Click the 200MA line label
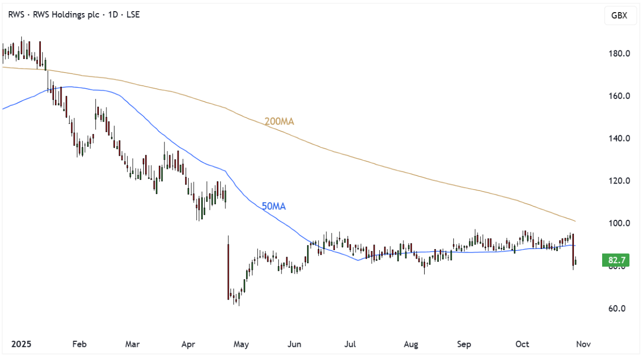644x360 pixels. click(x=279, y=122)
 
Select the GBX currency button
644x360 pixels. click(x=619, y=16)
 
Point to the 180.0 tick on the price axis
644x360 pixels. click(x=617, y=54)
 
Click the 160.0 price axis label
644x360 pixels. click(x=617, y=96)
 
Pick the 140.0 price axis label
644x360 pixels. click(x=617, y=139)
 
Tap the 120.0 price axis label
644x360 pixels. click(x=617, y=181)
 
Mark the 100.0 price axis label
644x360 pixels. click(x=617, y=223)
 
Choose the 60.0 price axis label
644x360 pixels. click(x=617, y=309)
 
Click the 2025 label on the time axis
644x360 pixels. click(x=21, y=344)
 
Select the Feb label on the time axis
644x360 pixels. click(x=79, y=344)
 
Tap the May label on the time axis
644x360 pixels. click(x=241, y=344)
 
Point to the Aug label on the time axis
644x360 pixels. click(x=411, y=344)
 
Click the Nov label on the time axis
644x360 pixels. click(x=583, y=344)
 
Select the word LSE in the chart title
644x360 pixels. click(x=132, y=15)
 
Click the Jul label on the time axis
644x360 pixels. click(x=350, y=344)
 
